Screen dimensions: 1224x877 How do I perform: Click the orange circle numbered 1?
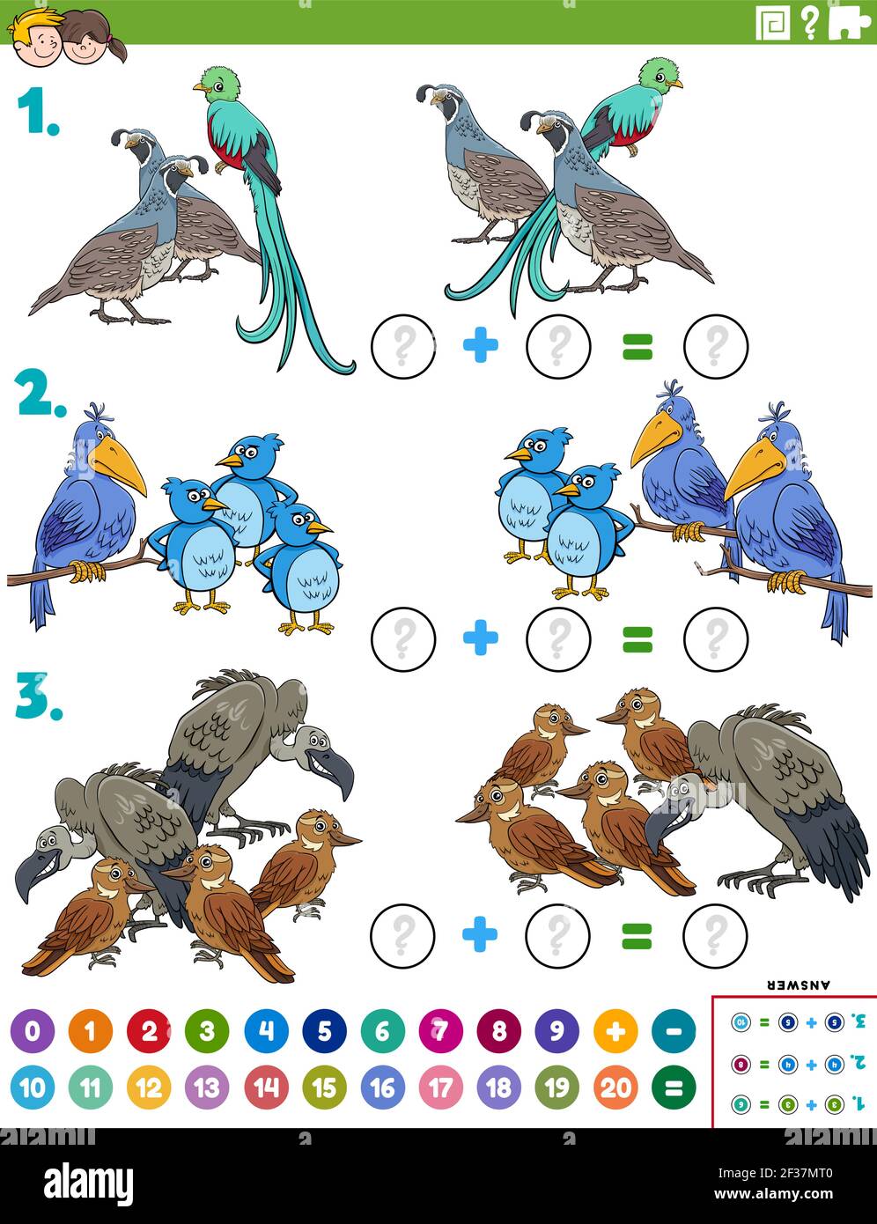[91, 1030]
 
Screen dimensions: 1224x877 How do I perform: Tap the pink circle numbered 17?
[440, 1088]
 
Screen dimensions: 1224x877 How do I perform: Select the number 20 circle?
[615, 1088]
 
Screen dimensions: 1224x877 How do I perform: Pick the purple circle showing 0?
[33, 1030]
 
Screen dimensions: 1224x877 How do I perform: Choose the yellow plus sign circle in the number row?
[615, 1030]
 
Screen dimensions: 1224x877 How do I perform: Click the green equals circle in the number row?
[674, 1088]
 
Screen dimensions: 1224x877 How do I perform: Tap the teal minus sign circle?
[674, 1030]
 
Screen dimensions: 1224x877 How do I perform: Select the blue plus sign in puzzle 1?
[480, 345]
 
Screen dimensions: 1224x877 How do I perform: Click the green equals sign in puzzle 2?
[637, 639]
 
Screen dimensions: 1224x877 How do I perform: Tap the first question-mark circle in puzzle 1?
[403, 346]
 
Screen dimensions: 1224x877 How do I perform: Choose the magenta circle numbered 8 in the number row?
[498, 1030]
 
